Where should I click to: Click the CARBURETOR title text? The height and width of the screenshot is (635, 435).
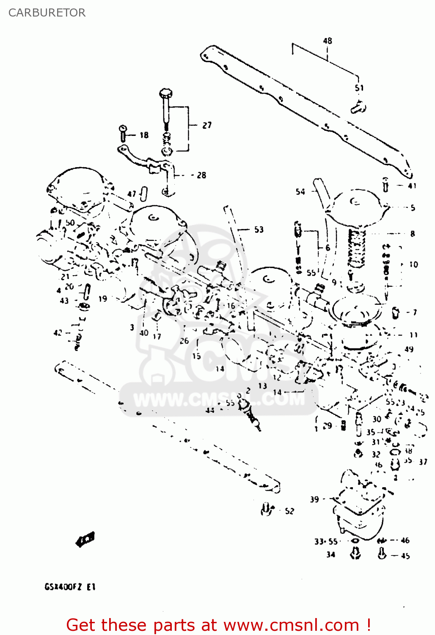click(47, 13)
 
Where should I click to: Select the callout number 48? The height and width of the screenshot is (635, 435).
click(328, 41)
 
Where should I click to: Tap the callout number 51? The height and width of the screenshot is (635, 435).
click(359, 88)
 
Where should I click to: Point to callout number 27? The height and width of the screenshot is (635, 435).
click(206, 125)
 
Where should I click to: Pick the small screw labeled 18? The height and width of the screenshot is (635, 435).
click(123, 133)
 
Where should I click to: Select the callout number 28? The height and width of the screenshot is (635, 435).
click(201, 175)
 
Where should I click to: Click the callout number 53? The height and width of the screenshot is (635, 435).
click(259, 230)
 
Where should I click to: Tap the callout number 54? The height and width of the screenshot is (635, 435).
click(300, 192)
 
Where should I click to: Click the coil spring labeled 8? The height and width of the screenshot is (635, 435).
click(356, 249)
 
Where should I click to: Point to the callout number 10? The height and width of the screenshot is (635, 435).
click(413, 265)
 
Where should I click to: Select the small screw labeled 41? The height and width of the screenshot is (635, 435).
click(385, 185)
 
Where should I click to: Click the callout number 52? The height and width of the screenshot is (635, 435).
click(289, 511)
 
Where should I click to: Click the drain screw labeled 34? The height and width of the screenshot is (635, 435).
click(355, 553)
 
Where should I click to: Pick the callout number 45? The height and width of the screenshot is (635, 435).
click(405, 556)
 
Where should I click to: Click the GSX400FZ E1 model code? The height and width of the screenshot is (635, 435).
click(70, 587)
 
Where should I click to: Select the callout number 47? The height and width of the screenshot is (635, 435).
click(132, 194)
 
